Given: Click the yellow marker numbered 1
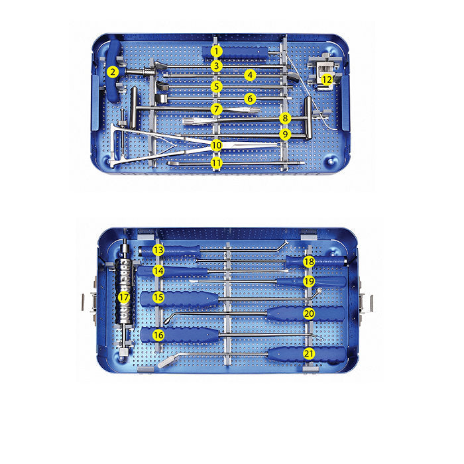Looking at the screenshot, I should click(215, 50).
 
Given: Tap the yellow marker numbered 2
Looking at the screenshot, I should click(113, 72).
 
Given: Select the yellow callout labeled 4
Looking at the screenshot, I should click(249, 75).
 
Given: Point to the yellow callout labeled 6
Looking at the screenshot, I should click(249, 98).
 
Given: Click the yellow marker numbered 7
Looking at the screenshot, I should click(216, 108).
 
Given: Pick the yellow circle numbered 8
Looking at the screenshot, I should click(285, 118).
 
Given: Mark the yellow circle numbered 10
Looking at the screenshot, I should click(216, 145).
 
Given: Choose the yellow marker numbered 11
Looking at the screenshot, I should click(216, 162).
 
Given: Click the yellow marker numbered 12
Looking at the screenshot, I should click(327, 80).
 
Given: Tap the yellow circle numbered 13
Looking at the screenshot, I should click(158, 250).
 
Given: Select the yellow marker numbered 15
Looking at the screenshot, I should click(158, 298).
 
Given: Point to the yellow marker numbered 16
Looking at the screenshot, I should click(158, 335).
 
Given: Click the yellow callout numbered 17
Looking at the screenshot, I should click(124, 298).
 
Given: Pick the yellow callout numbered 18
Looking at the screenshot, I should click(309, 262).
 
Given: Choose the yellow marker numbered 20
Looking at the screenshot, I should click(309, 313).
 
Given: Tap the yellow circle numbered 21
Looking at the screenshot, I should click(309, 353).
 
